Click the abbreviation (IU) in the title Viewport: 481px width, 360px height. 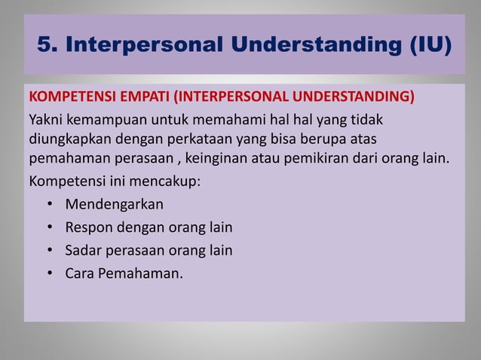point(426,46)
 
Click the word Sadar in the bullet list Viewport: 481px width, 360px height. point(83,249)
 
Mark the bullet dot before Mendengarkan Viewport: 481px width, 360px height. point(49,204)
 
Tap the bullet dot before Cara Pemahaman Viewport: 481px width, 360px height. point(49,272)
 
